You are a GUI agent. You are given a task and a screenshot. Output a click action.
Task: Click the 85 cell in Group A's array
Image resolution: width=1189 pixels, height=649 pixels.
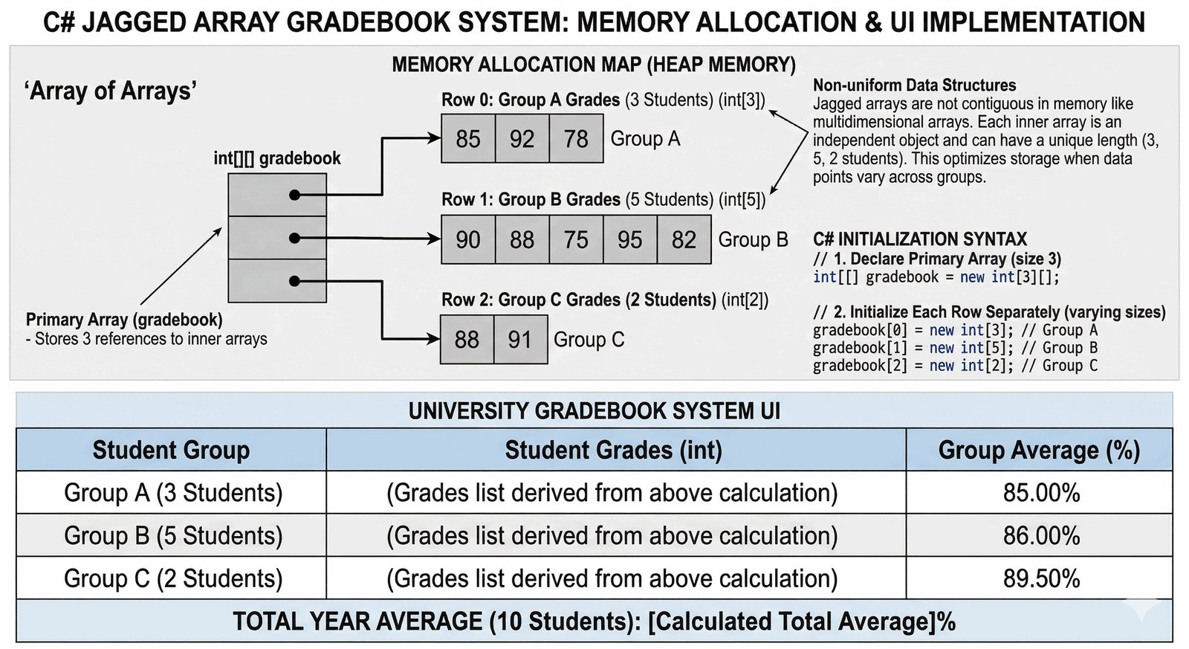click(x=468, y=139)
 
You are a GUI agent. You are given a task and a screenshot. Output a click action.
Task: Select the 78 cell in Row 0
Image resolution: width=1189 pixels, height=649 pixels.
click(x=576, y=139)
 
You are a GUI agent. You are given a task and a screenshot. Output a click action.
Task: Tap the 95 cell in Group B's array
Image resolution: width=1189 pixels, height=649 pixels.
click(x=630, y=240)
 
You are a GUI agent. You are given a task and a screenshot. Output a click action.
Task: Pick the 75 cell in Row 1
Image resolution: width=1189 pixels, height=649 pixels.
click(x=576, y=240)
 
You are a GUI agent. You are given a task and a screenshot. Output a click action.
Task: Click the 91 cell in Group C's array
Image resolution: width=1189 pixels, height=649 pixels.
click(x=520, y=340)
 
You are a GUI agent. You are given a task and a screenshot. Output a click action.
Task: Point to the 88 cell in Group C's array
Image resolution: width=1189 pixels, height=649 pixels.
click(x=467, y=340)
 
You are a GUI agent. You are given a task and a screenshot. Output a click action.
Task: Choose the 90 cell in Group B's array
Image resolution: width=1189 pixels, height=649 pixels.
click(x=468, y=240)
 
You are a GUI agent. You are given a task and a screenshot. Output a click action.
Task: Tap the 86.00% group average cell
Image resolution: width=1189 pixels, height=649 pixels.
click(x=1041, y=535)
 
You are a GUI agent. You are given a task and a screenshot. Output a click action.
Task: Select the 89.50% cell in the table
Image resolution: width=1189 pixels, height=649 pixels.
click(x=1041, y=578)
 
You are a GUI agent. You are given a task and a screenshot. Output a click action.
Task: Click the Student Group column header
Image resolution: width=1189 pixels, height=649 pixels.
click(x=171, y=451)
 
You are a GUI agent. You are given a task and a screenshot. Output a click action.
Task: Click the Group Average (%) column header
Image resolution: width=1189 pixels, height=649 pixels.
click(x=1039, y=451)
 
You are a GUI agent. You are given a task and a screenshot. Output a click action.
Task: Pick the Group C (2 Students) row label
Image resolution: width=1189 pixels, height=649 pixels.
click(x=173, y=578)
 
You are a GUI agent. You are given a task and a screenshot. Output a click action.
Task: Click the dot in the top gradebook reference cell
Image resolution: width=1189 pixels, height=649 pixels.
click(x=295, y=195)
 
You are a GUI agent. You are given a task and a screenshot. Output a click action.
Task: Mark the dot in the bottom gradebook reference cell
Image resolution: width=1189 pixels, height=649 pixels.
click(x=295, y=281)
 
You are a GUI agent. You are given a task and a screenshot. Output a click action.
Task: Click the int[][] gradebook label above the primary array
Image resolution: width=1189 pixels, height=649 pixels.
click(x=277, y=158)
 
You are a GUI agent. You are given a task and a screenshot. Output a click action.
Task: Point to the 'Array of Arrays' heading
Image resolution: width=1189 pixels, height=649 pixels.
click(x=111, y=91)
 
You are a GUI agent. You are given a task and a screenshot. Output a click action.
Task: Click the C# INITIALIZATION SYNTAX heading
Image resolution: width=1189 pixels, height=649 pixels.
click(x=920, y=239)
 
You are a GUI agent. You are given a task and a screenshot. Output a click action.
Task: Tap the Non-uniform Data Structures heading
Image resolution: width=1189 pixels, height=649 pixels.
click(x=915, y=85)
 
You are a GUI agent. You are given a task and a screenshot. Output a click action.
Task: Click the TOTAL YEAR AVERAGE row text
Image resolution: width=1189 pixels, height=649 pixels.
click(x=594, y=621)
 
